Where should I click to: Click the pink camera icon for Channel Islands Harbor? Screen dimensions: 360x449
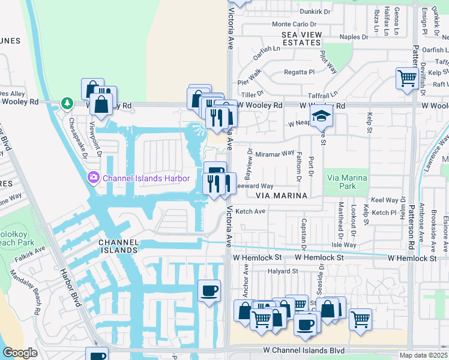[94, 178]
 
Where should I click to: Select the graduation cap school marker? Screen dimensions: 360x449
[321, 115]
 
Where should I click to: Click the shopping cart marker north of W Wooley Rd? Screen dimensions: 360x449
[407, 78]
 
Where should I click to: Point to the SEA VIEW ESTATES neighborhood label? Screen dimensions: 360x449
[301, 39]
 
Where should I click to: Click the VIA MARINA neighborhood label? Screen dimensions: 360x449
[282, 196]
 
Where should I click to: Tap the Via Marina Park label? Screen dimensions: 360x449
[349, 182]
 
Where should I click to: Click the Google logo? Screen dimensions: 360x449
[20, 353]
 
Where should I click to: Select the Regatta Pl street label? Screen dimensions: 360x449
[299, 72]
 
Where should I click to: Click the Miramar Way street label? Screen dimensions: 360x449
[274, 154]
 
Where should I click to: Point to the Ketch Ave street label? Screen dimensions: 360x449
[250, 212]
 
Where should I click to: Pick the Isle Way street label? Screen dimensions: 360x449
[343, 245]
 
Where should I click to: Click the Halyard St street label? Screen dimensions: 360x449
[283, 271]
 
